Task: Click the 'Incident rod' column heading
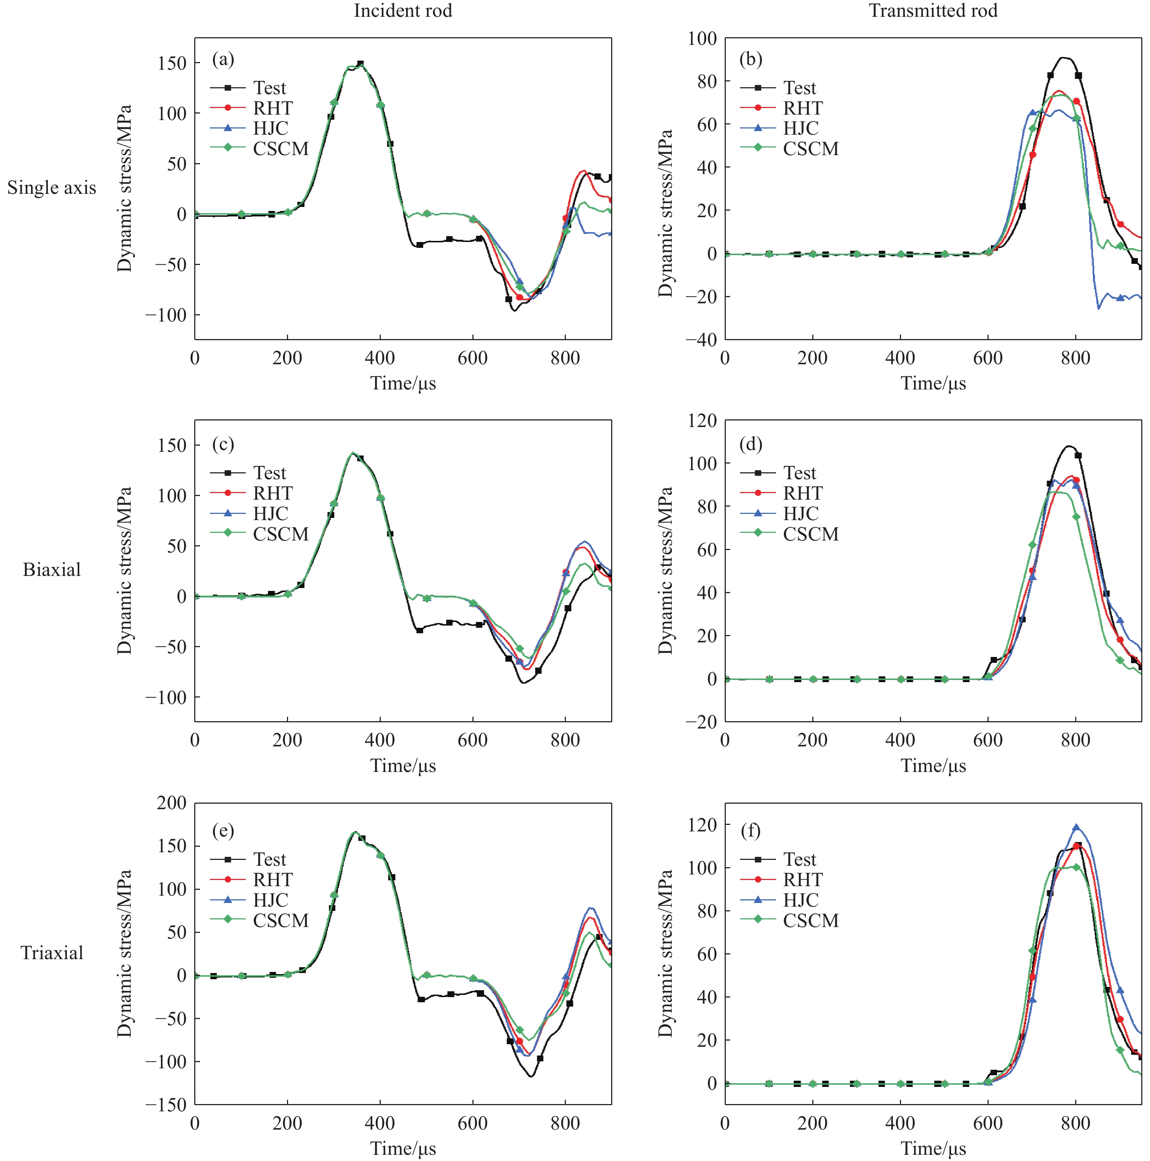(x=403, y=11)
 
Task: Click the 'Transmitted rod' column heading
(x=933, y=11)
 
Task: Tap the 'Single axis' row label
(x=52, y=188)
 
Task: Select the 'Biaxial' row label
(x=52, y=570)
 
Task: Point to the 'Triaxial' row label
(x=52, y=953)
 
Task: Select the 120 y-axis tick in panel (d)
(x=702, y=421)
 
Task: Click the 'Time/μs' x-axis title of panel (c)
(x=403, y=766)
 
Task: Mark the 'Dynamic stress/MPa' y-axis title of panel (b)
(x=665, y=214)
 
